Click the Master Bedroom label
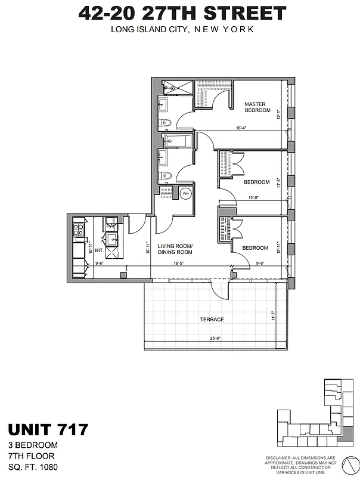pyautogui.click(x=257, y=107)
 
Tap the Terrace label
pyautogui.click(x=212, y=320)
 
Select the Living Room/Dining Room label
pyautogui.click(x=175, y=249)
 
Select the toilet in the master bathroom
pyautogui.click(x=167, y=123)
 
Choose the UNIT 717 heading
pyautogui.click(x=48, y=429)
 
